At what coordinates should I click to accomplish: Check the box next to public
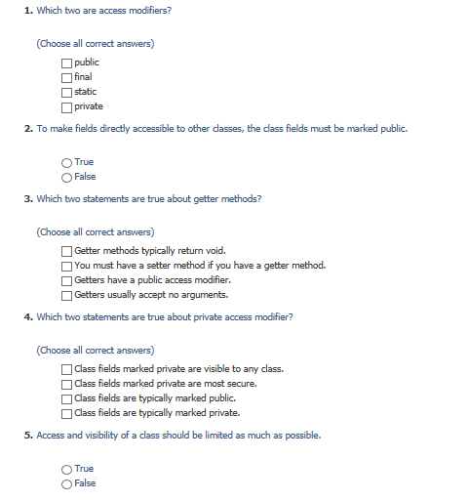[x=66, y=63]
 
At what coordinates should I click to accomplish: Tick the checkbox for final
[x=66, y=77]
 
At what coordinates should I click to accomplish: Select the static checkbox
[x=66, y=92]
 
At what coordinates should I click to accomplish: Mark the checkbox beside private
[x=66, y=106]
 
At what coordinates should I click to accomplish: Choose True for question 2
[x=66, y=162]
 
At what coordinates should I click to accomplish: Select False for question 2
[x=66, y=177]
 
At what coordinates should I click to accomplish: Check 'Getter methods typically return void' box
[x=66, y=251]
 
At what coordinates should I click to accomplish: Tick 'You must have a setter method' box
[x=66, y=266]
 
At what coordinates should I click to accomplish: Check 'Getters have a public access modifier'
[x=66, y=280]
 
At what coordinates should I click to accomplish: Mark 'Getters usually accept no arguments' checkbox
[x=66, y=295]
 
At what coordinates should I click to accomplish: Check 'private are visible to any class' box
[x=66, y=369]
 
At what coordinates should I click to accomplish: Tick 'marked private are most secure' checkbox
[x=66, y=384]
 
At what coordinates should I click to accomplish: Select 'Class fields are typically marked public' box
[x=66, y=398]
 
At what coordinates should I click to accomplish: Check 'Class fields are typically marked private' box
[x=66, y=413]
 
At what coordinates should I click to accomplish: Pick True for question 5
[x=66, y=469]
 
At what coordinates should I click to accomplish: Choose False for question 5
[x=66, y=483]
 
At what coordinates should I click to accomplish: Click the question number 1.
[x=27, y=10]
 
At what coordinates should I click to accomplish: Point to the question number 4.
[x=27, y=316]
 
